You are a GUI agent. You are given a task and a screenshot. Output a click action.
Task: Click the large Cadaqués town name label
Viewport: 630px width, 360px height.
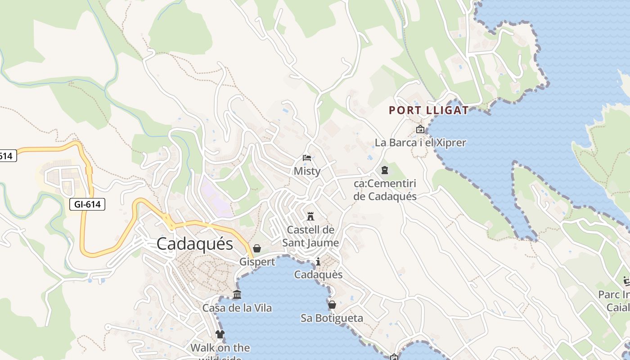point(195,244)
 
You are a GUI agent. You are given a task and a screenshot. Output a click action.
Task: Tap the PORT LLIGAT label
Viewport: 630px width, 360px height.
point(428,110)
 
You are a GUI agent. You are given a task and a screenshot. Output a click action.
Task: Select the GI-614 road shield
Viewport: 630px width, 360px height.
point(87,205)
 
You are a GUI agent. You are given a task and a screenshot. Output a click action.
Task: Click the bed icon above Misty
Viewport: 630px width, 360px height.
point(307,158)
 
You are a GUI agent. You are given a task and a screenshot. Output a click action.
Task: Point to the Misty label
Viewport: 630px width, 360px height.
point(307,171)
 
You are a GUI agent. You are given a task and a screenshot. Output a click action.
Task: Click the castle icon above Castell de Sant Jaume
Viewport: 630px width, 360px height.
point(310,216)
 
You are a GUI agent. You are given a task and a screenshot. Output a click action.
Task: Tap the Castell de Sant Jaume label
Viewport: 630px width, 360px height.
point(310,236)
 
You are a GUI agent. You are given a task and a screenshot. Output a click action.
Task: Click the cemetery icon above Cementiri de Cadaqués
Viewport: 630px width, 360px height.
point(385,170)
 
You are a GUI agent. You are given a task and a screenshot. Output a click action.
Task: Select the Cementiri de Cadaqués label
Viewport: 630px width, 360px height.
point(385,190)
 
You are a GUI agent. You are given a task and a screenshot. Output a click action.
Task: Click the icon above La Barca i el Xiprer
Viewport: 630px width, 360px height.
point(420,130)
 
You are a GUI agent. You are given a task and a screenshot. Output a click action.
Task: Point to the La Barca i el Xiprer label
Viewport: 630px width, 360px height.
point(420,143)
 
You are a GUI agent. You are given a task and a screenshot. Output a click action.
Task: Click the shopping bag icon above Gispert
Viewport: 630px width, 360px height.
point(257,248)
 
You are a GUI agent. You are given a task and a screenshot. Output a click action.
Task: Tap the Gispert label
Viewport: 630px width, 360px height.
point(257,262)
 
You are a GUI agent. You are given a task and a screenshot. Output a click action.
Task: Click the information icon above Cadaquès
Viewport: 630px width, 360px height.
point(318,261)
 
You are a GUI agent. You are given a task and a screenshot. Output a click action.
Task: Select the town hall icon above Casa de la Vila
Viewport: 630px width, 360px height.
point(237,295)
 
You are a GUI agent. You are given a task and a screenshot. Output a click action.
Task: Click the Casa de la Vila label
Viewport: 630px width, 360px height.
point(237,308)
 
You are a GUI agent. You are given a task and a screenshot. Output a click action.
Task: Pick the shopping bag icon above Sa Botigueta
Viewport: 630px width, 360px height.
point(332,305)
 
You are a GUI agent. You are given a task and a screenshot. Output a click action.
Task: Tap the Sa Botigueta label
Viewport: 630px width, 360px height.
point(332,318)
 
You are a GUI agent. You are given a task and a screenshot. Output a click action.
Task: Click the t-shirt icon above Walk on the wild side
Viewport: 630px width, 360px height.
point(220,334)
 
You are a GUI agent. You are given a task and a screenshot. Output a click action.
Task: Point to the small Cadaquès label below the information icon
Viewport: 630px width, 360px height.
point(318,274)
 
